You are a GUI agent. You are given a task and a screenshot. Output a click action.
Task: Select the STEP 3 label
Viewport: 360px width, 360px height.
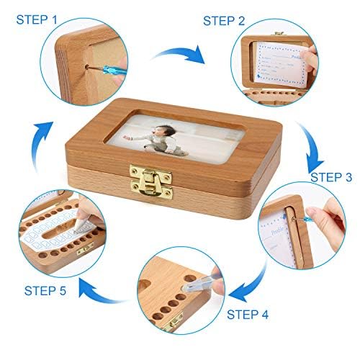click(332, 176)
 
